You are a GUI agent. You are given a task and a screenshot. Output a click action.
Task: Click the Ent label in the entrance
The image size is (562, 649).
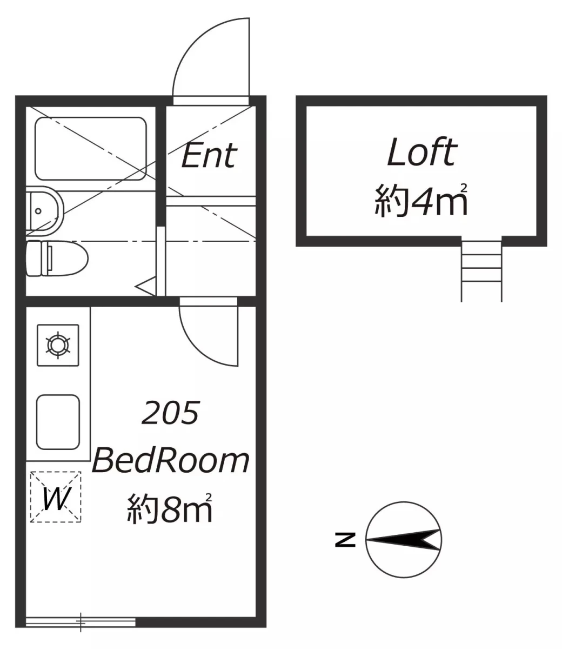[x=209, y=155]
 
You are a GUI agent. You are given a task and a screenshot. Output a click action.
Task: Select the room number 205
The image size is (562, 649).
[x=170, y=412]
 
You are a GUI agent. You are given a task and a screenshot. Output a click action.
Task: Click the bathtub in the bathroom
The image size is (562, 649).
[x=91, y=149]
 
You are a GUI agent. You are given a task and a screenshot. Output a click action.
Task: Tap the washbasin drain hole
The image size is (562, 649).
[x=38, y=211]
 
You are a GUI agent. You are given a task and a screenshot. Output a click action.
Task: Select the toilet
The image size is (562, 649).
[x=57, y=259]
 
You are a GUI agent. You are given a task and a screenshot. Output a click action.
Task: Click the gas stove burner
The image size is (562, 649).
[x=58, y=346]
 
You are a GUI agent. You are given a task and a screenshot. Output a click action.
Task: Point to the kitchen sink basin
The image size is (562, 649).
[x=58, y=422]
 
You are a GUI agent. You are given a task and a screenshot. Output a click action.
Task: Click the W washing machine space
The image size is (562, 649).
[x=56, y=497]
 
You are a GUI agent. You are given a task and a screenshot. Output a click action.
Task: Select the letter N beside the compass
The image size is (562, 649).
[x=345, y=540]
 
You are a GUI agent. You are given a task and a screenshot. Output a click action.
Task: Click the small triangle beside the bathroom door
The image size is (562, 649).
[x=146, y=286]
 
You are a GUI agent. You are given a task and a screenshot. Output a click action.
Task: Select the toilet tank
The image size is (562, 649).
[x=34, y=259]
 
